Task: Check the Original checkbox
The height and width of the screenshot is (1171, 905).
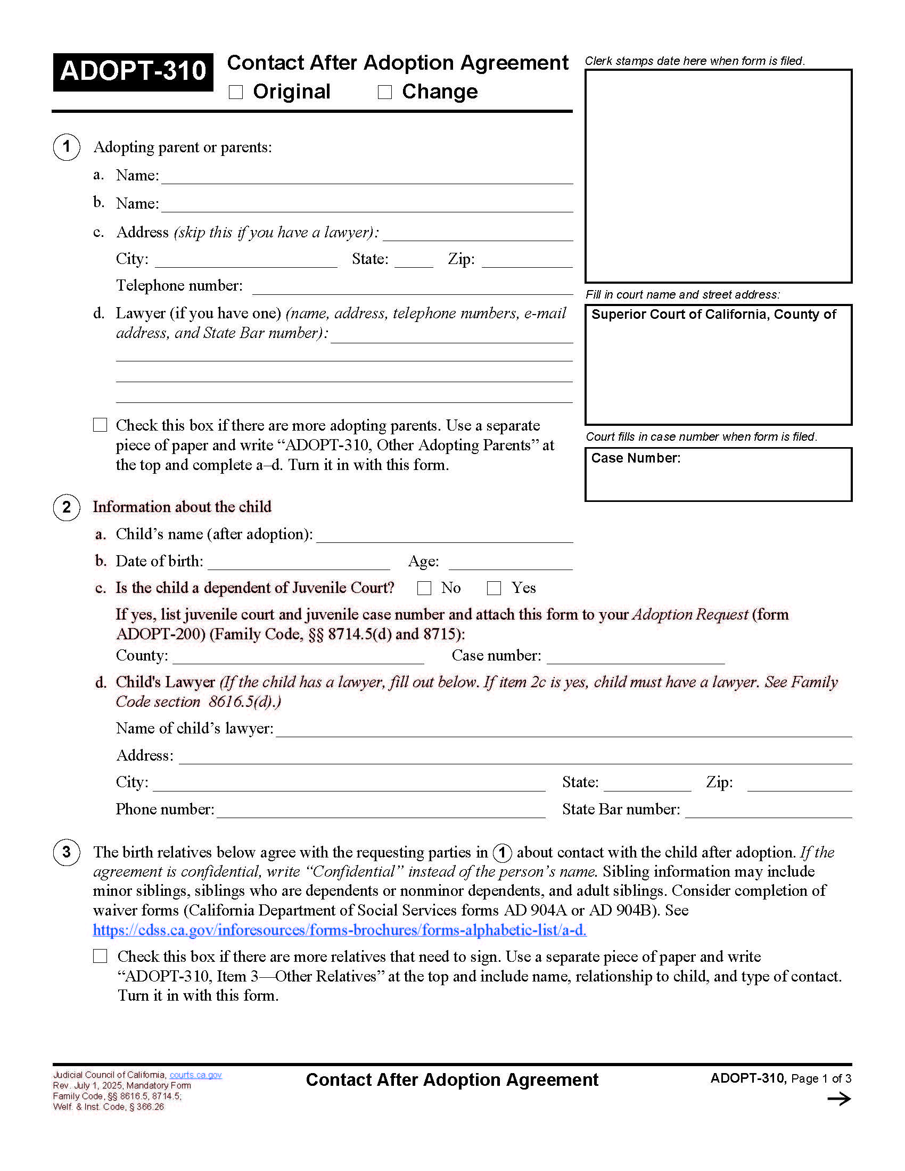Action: [x=236, y=92]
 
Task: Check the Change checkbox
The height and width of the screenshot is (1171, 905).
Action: [x=385, y=92]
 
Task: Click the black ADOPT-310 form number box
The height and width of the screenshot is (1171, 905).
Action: [x=133, y=71]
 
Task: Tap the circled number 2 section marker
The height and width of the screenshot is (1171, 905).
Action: [x=67, y=507]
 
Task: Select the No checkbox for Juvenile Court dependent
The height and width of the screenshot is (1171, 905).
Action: [x=424, y=588]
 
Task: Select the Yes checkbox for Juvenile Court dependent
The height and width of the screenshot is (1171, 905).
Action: [x=494, y=588]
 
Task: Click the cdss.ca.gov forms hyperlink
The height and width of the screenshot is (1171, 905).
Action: [x=340, y=930]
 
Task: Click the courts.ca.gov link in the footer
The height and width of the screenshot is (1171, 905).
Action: [x=195, y=1075]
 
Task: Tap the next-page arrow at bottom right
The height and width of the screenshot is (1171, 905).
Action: [x=839, y=1099]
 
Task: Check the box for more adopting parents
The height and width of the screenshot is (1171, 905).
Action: [x=100, y=425]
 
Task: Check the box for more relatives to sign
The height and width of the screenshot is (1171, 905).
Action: [x=100, y=956]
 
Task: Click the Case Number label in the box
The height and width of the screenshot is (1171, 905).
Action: [x=635, y=458]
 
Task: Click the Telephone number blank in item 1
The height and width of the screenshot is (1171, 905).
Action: [x=412, y=288]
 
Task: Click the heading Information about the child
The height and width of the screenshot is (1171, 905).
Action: [x=182, y=507]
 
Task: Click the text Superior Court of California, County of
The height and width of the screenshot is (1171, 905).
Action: [x=713, y=315]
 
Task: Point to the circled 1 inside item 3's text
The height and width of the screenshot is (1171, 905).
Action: [x=502, y=853]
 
